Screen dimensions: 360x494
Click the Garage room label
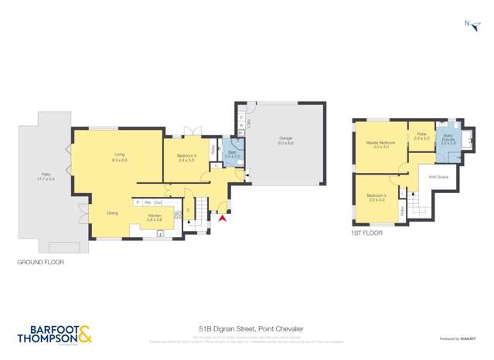click(x=285, y=141)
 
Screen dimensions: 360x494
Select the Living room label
click(x=119, y=157)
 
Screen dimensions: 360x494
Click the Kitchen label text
click(x=155, y=217)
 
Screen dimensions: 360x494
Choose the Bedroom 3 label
click(x=186, y=158)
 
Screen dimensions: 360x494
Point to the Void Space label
click(x=438, y=177)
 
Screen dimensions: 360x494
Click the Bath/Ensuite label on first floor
click(x=448, y=141)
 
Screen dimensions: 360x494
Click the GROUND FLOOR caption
click(x=40, y=263)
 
